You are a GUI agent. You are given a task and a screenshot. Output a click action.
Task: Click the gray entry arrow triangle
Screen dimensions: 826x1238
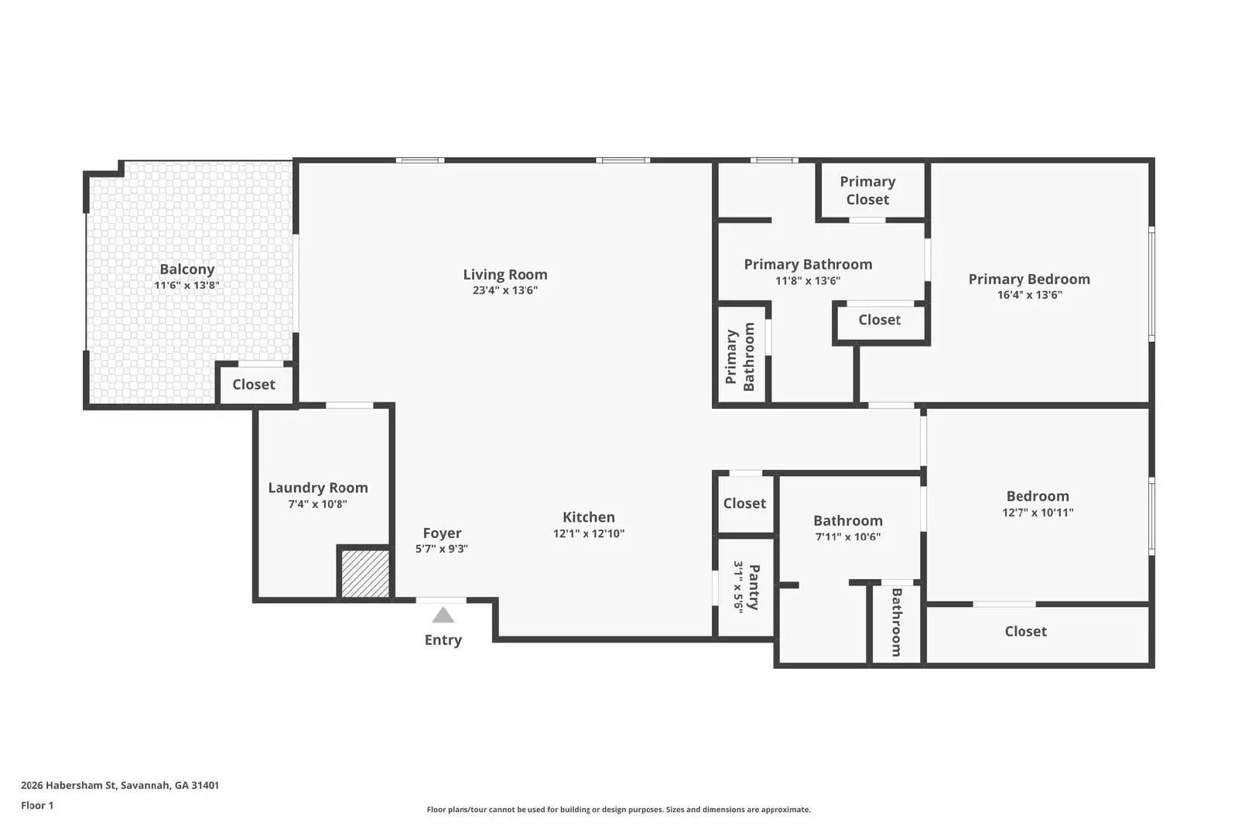(443, 615)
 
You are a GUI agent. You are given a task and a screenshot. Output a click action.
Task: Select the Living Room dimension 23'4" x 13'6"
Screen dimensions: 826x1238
(504, 290)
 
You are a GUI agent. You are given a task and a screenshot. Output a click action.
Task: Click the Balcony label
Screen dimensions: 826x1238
(186, 269)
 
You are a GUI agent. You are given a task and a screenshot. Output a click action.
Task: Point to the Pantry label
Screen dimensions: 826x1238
(754, 587)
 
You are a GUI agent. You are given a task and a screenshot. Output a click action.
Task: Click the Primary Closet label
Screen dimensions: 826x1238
(867, 190)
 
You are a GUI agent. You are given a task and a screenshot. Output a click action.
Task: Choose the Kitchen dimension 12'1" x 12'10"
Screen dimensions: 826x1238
(588, 533)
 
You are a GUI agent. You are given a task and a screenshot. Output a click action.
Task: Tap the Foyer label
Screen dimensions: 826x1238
(442, 533)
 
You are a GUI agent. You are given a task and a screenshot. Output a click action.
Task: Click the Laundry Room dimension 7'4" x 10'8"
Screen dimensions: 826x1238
(317, 504)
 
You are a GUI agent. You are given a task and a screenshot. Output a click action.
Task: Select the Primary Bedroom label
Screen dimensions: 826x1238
(1028, 279)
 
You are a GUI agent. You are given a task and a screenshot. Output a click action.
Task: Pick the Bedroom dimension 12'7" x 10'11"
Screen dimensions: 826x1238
(1037, 512)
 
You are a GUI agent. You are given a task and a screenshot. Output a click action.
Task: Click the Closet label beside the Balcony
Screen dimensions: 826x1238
(254, 385)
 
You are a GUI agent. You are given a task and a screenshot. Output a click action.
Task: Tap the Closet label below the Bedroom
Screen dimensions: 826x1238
(1025, 632)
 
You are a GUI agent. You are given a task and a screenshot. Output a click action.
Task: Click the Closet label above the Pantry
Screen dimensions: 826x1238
(744, 503)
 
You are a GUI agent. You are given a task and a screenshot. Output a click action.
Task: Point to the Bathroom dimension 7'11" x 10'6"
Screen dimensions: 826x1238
(847, 536)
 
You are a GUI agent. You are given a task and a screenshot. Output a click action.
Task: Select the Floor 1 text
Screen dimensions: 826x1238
(37, 805)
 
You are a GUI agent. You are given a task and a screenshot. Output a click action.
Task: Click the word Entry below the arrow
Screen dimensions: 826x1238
(443, 640)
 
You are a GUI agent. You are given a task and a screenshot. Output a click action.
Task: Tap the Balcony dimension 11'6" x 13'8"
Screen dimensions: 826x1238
(186, 286)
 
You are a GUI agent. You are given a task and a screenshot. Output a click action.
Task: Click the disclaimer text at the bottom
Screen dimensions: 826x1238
(618, 810)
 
